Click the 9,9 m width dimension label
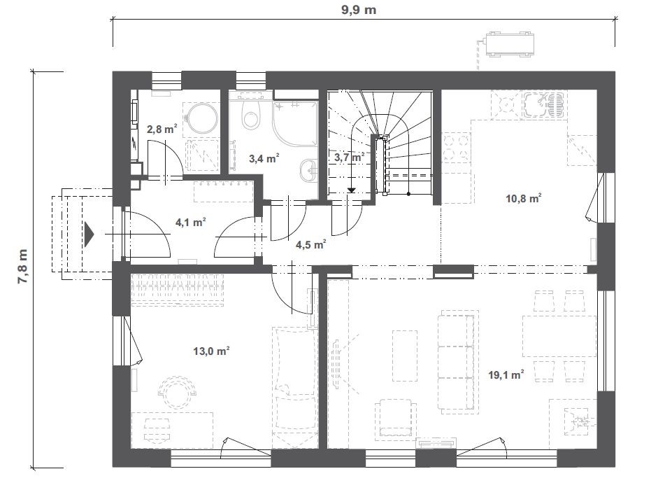click(359, 10)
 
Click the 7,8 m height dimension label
click(23, 267)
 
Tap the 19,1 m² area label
click(506, 374)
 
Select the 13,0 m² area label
click(211, 351)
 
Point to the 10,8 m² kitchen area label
click(523, 198)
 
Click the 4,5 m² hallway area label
click(311, 244)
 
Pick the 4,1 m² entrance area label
click(190, 222)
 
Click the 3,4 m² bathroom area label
click(264, 158)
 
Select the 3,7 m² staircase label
click(350, 157)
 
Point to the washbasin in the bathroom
click(310, 170)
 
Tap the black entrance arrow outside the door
click(89, 234)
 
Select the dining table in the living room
click(559, 336)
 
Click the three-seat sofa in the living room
click(457, 360)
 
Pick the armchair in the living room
click(395, 419)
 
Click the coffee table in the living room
click(405, 356)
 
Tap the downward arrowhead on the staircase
click(351, 190)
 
